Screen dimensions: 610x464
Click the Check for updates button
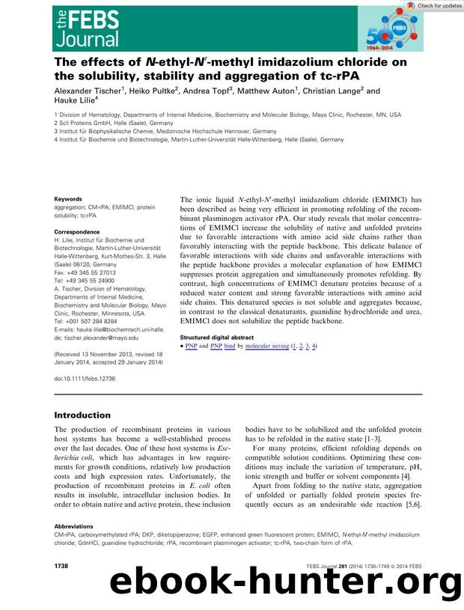[434, 5]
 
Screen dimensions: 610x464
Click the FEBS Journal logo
[87, 25]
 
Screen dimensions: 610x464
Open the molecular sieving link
[267, 347]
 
